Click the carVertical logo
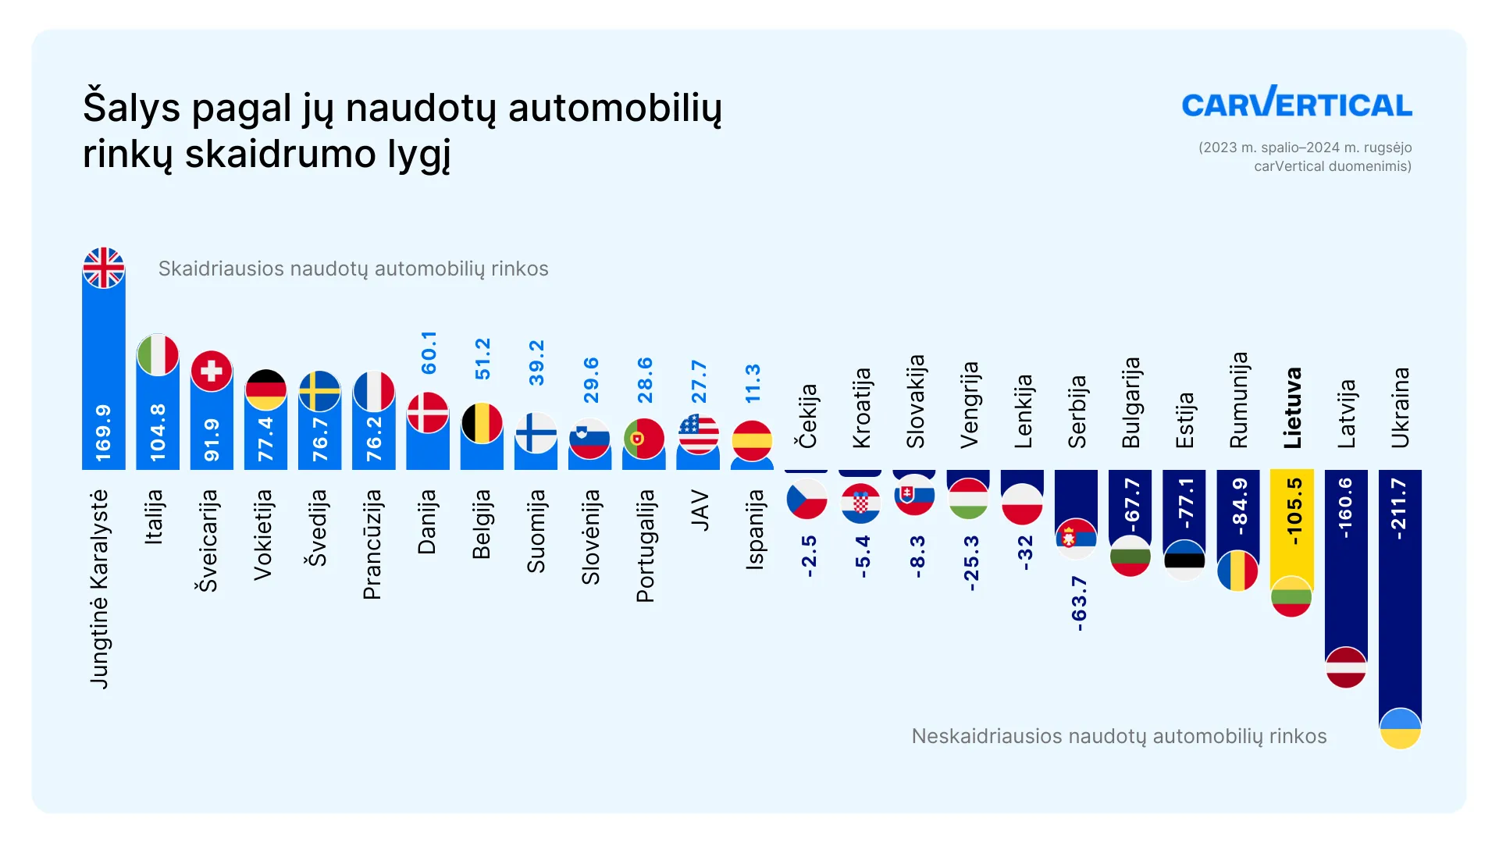tap(1296, 103)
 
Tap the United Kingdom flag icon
tap(104, 268)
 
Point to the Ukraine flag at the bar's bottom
tap(1400, 728)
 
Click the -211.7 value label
tap(1399, 509)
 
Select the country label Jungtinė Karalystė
tap(100, 589)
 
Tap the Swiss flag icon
tap(212, 371)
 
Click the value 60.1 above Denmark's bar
tap(429, 352)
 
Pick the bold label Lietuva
tap(1292, 407)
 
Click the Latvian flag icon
tap(1346, 667)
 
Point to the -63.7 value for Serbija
tap(1078, 603)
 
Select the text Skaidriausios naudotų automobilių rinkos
tap(353, 269)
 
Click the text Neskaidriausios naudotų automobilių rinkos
tap(1119, 736)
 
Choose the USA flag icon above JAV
tap(698, 434)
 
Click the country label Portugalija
tap(645, 546)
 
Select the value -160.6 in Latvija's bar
tap(1345, 508)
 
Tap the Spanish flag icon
tap(752, 440)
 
